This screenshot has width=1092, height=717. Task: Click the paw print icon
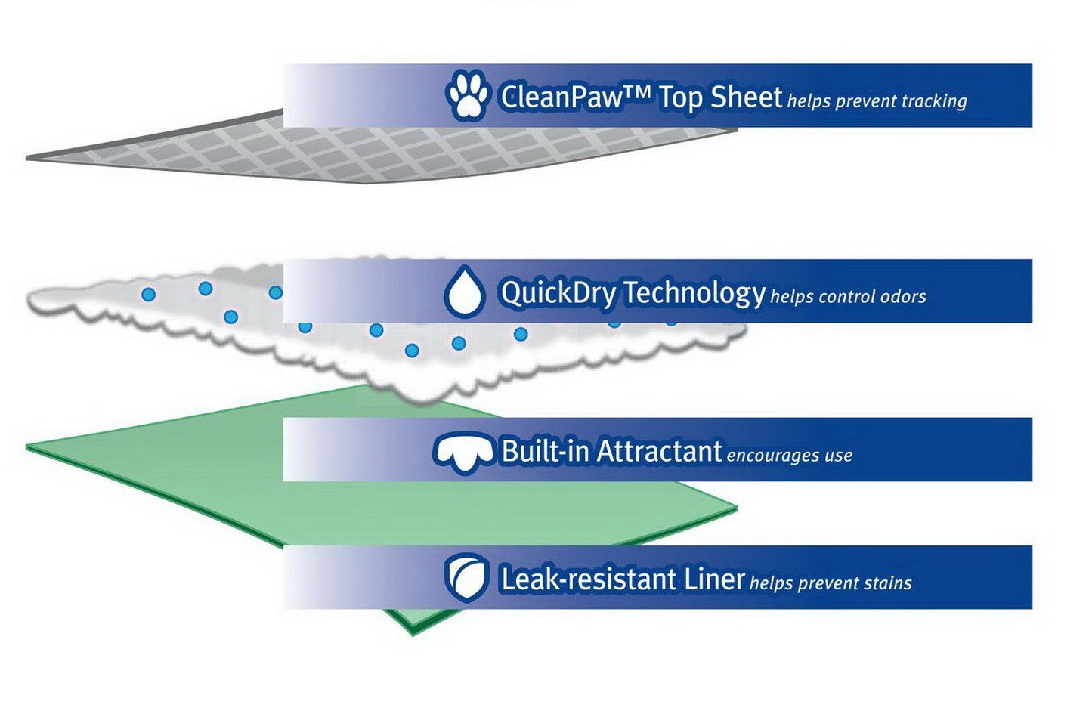pos(467,95)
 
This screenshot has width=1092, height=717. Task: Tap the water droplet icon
pos(464,292)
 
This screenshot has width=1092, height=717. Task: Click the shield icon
pos(466,579)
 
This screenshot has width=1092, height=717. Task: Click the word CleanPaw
pos(561,97)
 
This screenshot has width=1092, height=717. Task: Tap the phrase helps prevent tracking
pos(877,101)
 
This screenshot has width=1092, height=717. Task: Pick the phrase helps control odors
pos(848,297)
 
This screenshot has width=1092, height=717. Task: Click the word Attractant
pos(659,452)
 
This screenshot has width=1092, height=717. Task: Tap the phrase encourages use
pos(789,456)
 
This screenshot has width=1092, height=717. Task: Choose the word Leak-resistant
pos(589,580)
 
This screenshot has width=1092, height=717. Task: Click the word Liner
pos(715,580)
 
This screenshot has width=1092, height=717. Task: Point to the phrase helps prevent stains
pos(831,583)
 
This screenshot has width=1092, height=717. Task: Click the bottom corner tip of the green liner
pos(413,633)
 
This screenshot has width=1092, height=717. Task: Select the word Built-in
pos(545,452)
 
